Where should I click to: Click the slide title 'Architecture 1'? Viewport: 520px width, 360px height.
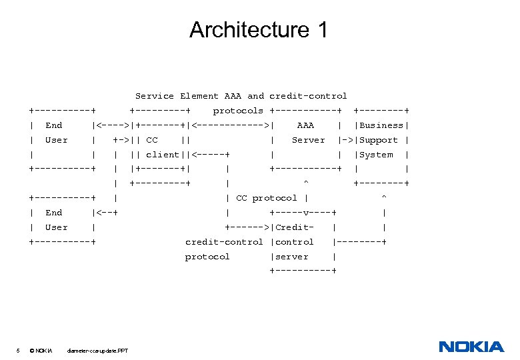tap(259, 30)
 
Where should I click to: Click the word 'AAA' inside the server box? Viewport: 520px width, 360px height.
tap(305, 125)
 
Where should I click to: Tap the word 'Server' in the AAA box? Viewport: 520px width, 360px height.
tap(308, 140)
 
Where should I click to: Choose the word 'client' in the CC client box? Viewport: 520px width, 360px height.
tap(162, 155)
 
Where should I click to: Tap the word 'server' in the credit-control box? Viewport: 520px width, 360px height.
tap(292, 257)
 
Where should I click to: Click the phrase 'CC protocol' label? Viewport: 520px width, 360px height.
tap(267, 198)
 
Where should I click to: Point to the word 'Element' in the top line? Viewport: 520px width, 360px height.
tap(199, 96)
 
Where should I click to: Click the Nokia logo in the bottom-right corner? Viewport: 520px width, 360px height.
tap(471, 347)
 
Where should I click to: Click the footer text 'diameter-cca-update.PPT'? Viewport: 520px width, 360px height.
tap(98, 351)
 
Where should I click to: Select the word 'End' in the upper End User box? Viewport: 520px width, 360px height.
tap(54, 125)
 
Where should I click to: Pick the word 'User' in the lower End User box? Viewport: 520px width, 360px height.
tap(57, 227)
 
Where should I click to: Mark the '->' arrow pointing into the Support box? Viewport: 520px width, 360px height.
tap(346, 140)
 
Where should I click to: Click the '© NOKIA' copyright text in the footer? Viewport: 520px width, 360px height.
tap(41, 351)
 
